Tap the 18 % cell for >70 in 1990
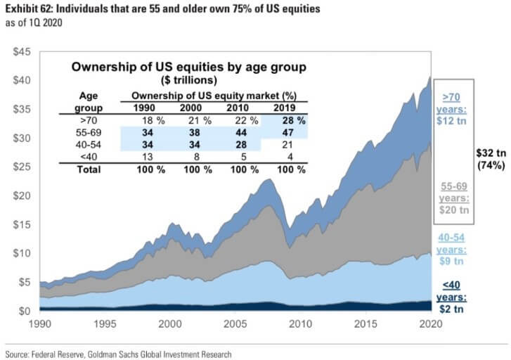click(150, 120)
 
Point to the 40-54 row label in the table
click(89, 145)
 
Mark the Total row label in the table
click(89, 169)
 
